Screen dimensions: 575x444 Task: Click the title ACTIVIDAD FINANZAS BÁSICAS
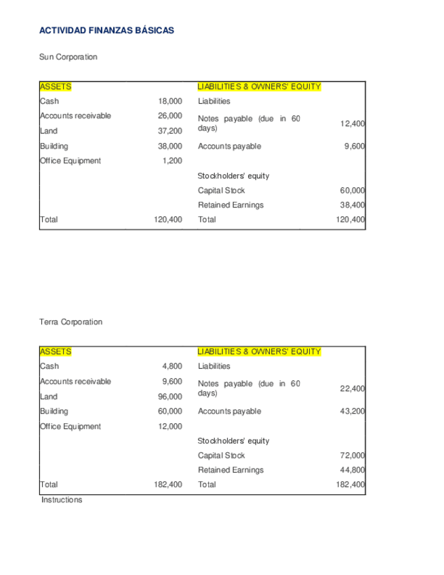[106, 31]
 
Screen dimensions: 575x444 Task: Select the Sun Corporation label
[68, 57]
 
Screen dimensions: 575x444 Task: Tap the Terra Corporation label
[71, 322]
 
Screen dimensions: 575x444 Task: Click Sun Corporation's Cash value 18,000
[170, 101]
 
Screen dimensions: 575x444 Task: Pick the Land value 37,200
[170, 131]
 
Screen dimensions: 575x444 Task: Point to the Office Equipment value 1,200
[172, 161]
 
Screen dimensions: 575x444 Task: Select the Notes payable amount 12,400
[352, 124]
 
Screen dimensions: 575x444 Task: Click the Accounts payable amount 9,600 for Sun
[355, 146]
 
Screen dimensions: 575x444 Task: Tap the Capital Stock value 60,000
[352, 191]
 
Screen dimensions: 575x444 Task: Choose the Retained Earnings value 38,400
[352, 205]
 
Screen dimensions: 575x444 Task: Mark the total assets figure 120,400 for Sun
[168, 220]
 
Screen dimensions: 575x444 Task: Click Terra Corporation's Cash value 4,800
[172, 366]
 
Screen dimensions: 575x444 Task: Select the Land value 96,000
[170, 397]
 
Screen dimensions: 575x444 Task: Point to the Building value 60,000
[170, 411]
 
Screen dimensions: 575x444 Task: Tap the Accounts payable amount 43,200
[352, 411]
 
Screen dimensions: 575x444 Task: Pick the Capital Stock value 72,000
[352, 456]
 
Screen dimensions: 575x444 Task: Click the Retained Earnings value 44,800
[352, 470]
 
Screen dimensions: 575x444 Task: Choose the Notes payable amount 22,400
[352, 389]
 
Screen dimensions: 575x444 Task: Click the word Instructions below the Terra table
[62, 500]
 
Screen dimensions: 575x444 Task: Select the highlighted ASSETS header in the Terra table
[56, 351]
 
